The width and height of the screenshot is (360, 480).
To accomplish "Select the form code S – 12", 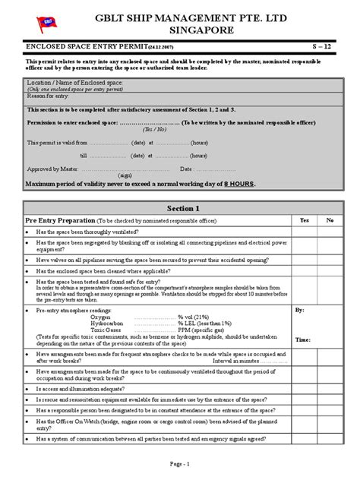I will click(324, 47).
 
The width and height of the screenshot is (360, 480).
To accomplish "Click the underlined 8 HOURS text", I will click(237, 184).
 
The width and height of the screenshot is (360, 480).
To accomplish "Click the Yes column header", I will click(305, 220).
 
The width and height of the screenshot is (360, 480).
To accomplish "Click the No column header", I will click(330, 220).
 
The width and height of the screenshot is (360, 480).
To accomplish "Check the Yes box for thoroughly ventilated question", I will click(305, 231).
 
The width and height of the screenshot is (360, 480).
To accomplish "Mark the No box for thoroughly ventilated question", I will click(330, 231).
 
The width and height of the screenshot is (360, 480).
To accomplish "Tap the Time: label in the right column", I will click(302, 341).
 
